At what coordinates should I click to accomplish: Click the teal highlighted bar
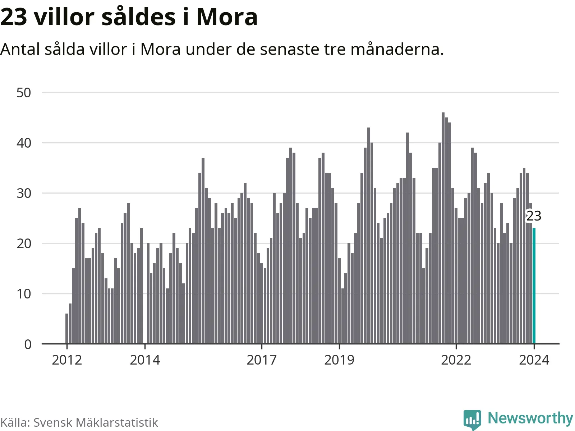(x=534, y=286)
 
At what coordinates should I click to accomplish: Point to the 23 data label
(x=534, y=216)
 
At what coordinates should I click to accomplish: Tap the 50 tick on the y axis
(x=24, y=93)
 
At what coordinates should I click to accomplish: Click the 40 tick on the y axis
(x=24, y=143)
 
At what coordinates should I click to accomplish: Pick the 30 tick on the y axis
(x=24, y=193)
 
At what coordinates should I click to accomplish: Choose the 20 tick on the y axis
(x=24, y=244)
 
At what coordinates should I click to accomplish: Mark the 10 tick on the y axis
(x=24, y=294)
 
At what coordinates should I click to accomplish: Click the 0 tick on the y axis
(x=28, y=344)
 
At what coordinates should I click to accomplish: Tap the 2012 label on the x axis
(x=67, y=360)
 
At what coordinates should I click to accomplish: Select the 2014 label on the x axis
(x=145, y=360)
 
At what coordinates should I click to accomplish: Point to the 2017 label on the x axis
(x=262, y=360)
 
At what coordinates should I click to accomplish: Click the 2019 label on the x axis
(x=339, y=360)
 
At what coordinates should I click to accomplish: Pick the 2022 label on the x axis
(x=456, y=360)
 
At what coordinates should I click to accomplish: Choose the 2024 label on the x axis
(x=534, y=360)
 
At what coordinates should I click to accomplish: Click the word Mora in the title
(x=227, y=17)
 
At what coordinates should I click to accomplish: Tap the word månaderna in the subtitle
(x=397, y=49)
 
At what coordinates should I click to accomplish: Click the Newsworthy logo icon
(x=472, y=419)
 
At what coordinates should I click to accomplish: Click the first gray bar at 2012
(x=67, y=329)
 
